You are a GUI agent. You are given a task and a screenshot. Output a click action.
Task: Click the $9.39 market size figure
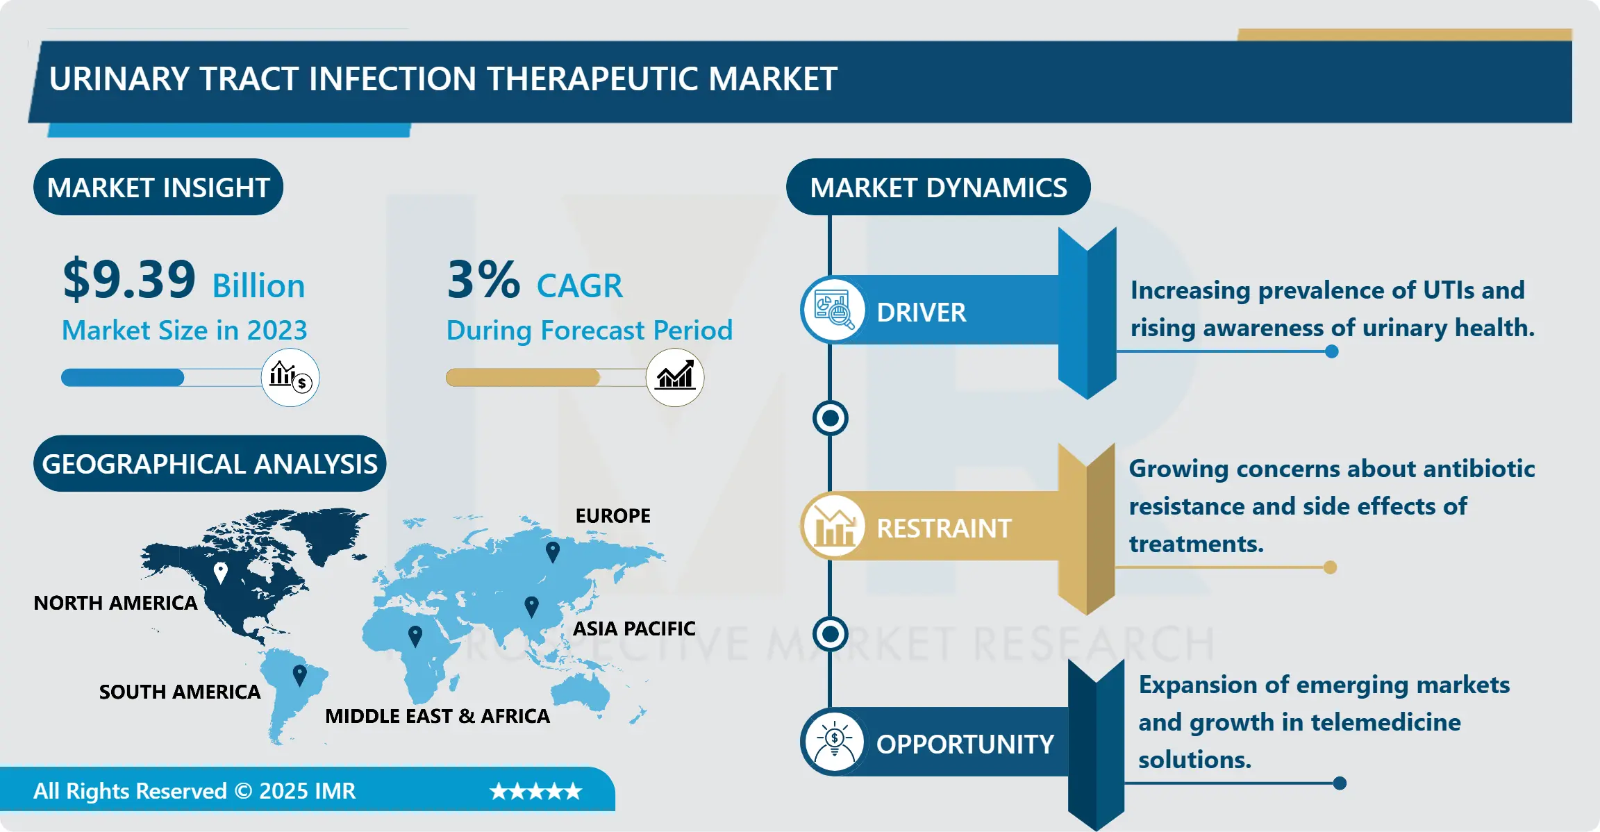pyautogui.click(x=130, y=279)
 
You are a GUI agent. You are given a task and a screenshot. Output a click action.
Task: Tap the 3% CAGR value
pyautogui.click(x=483, y=279)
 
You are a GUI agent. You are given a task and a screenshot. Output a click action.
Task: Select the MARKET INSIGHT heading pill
pyautogui.click(x=158, y=188)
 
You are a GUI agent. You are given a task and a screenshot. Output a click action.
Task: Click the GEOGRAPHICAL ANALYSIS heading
pyautogui.click(x=210, y=464)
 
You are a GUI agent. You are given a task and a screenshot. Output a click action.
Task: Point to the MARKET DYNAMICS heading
pyautogui.click(x=938, y=188)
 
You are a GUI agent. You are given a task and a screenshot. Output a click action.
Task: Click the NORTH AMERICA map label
pyautogui.click(x=115, y=603)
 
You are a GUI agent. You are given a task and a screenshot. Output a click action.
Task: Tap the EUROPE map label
pyautogui.click(x=612, y=516)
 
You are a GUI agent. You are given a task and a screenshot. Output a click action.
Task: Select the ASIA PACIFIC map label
pyautogui.click(x=633, y=629)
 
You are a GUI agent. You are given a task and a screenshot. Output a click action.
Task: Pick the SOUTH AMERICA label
pyautogui.click(x=179, y=692)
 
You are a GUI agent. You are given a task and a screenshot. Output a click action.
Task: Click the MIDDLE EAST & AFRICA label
pyautogui.click(x=437, y=716)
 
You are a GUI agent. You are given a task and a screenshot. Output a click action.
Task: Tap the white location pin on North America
pyautogui.click(x=220, y=572)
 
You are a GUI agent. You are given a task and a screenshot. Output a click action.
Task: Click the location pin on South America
pyautogui.click(x=299, y=674)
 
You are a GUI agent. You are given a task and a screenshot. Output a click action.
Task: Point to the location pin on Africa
pyautogui.click(x=415, y=635)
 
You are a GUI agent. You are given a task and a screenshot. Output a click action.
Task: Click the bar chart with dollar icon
pyautogui.click(x=290, y=377)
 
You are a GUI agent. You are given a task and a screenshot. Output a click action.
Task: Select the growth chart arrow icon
pyautogui.click(x=675, y=377)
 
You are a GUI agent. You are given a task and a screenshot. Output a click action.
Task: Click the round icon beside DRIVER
pyautogui.click(x=833, y=310)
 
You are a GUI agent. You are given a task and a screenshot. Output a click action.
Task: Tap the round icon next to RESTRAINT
pyautogui.click(x=833, y=527)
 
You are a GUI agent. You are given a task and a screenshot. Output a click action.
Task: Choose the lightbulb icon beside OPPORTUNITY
pyautogui.click(x=833, y=742)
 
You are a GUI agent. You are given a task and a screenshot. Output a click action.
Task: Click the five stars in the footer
pyautogui.click(x=535, y=791)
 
